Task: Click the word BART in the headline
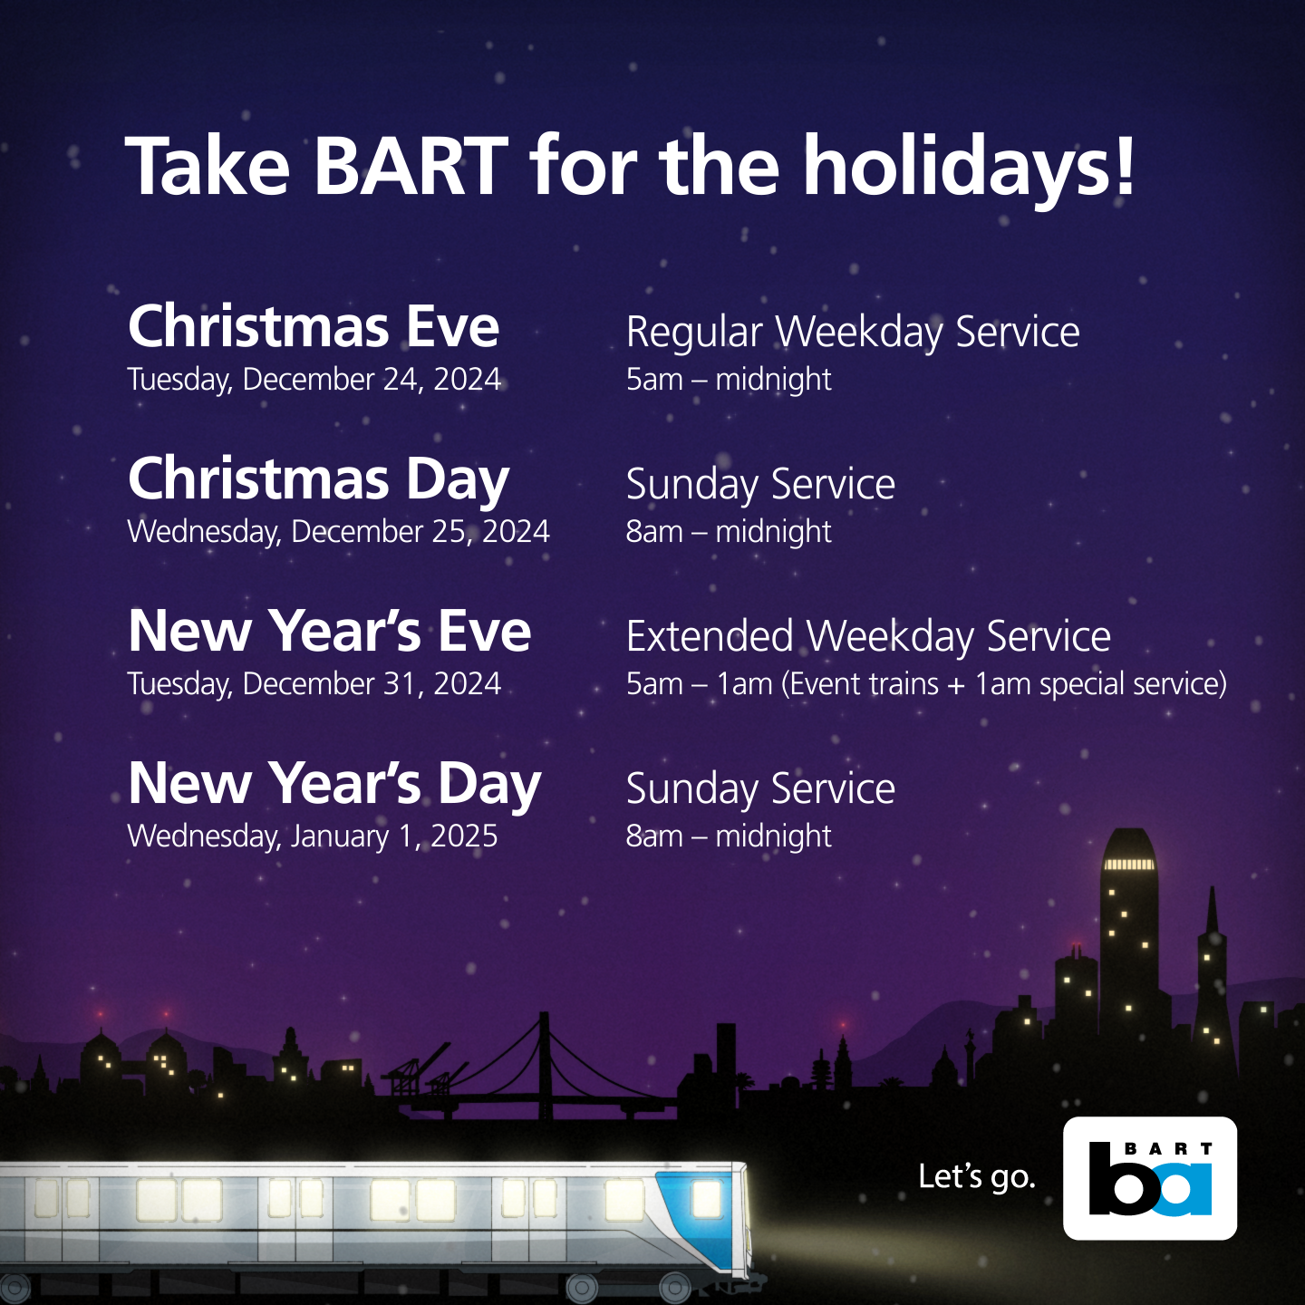point(411,167)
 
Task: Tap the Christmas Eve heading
point(314,326)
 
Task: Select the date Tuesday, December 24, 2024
point(314,379)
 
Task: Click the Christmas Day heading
point(319,478)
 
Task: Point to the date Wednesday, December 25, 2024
point(338,531)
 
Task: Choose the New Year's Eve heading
point(330,631)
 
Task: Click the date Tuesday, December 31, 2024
point(314,683)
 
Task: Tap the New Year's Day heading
point(334,783)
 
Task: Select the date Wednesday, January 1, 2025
point(313,836)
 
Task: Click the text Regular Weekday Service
point(853,333)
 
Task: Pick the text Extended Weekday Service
point(868,636)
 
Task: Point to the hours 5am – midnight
point(729,379)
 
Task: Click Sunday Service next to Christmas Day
point(760,484)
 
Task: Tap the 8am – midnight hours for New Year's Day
point(729,836)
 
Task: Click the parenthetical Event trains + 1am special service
point(1004,683)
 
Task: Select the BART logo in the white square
point(1150,1178)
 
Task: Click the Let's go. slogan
point(976,1176)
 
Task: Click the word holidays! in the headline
point(969,167)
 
